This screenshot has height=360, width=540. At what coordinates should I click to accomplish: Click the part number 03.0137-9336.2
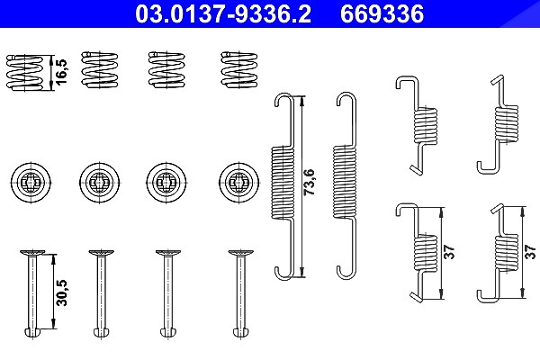223,13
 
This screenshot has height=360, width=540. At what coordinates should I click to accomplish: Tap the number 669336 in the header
382,13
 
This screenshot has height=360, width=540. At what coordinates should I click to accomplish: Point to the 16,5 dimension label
61,72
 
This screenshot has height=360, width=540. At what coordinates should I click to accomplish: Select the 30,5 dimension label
62,292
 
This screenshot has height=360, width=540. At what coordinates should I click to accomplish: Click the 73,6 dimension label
310,182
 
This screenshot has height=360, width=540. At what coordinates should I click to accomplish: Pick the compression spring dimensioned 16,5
25,72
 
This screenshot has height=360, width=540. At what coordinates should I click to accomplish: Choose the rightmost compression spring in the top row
239,68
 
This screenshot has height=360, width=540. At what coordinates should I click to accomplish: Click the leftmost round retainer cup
31,182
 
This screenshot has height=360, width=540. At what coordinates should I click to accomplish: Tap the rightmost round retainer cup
238,182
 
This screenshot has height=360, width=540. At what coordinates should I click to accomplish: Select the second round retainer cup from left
100,182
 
